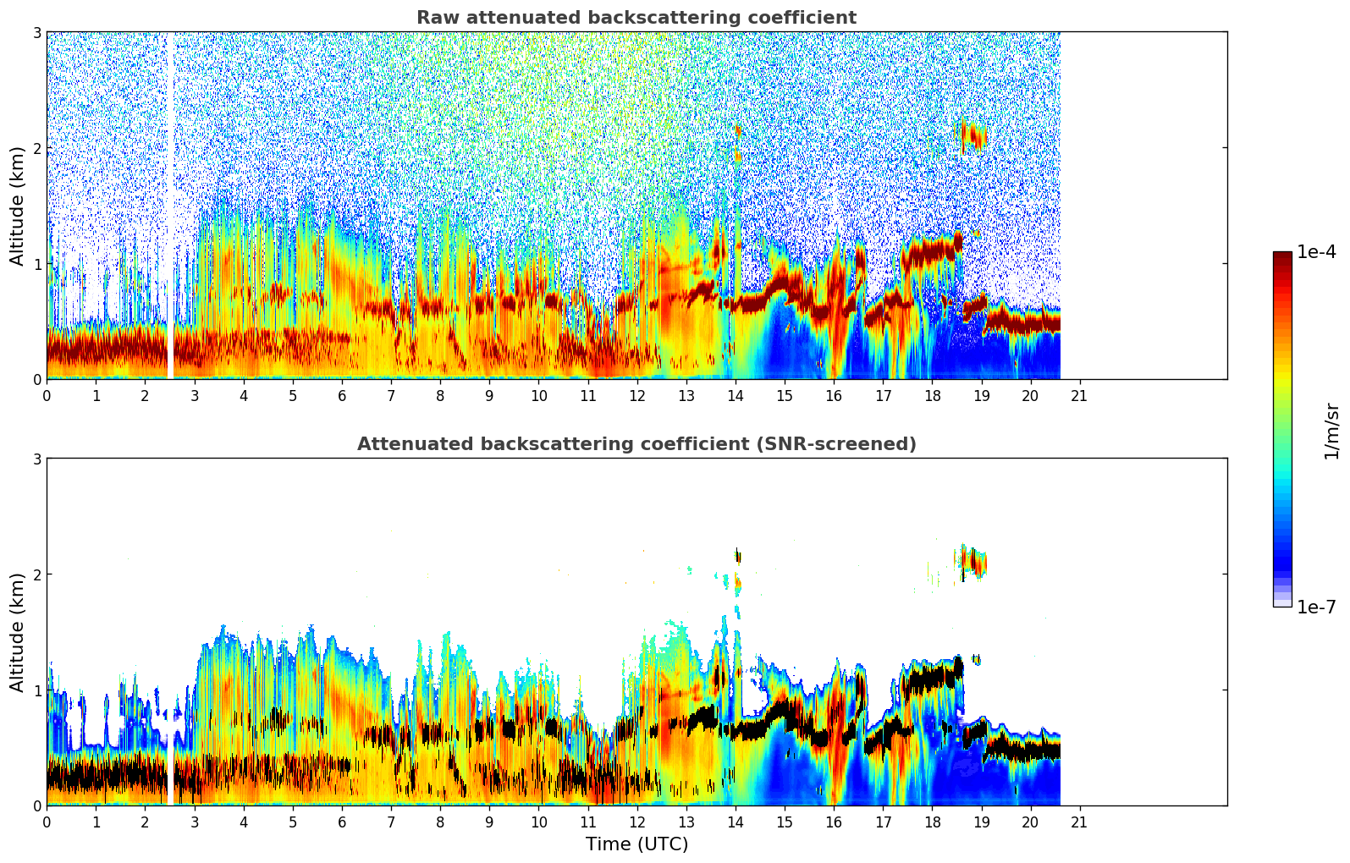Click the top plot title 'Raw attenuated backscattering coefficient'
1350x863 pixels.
click(636, 18)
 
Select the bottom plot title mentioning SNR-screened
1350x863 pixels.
click(636, 444)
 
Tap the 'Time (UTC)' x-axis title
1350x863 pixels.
click(636, 844)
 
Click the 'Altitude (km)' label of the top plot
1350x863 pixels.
click(18, 206)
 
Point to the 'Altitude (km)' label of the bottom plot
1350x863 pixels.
click(18, 632)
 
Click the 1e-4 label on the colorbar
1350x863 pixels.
click(1316, 252)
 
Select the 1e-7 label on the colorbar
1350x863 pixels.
click(1316, 607)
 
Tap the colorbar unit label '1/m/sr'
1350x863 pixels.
click(1331, 430)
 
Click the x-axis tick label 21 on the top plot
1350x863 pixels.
click(1079, 395)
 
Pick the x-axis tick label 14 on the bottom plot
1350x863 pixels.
click(735, 822)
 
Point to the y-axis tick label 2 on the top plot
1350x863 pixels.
click(36, 148)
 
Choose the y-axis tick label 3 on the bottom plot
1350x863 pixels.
click(36, 459)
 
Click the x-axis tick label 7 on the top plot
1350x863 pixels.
click(391, 395)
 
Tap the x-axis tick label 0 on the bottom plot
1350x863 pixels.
click(47, 822)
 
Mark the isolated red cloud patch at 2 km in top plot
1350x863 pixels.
click(973, 135)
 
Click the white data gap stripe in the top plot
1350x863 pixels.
click(169, 203)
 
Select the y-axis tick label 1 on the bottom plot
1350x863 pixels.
click(36, 690)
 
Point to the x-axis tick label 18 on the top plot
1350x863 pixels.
click(932, 395)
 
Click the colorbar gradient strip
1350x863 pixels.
click(1281, 429)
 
